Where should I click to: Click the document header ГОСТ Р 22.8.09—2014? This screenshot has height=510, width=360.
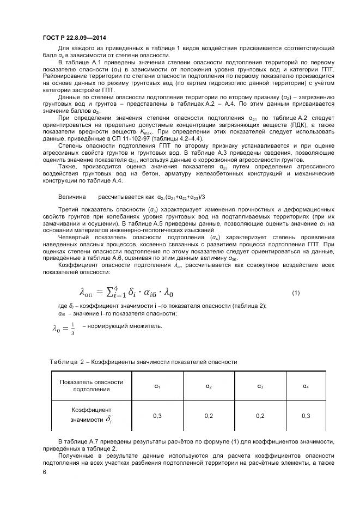(x=74, y=38)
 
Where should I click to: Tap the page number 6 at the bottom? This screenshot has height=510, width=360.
(x=44, y=473)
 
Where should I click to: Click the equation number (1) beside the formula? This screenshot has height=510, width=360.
(x=296, y=293)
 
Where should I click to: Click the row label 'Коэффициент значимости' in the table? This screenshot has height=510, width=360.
(x=91, y=414)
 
